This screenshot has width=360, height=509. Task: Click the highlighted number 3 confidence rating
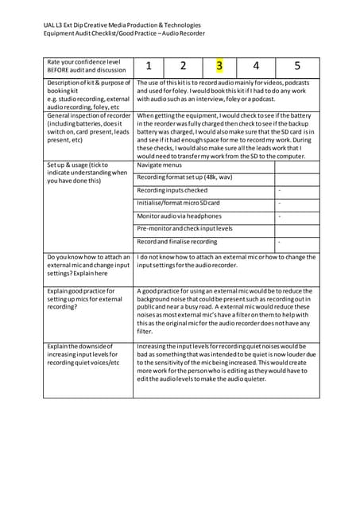point(220,67)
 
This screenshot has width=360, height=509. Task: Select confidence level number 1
point(149,67)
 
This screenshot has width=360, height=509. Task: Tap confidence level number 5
point(296,67)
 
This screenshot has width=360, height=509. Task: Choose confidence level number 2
point(183,67)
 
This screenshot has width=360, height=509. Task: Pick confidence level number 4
point(256,67)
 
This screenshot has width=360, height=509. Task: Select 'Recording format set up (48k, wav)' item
point(184,178)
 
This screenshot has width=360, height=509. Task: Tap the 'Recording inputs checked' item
point(172,191)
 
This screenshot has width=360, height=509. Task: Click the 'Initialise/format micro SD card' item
point(178,204)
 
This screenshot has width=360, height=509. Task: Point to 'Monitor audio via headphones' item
point(179,216)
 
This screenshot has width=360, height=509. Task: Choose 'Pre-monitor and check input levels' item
point(184,229)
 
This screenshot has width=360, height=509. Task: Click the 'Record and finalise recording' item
point(176,242)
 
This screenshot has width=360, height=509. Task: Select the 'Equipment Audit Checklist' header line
point(124,33)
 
